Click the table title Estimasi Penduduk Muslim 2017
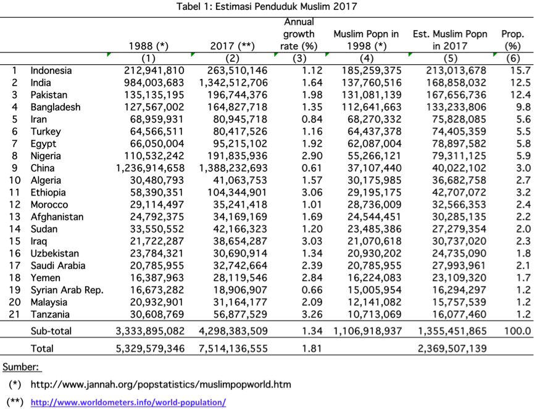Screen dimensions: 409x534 pos(267,7)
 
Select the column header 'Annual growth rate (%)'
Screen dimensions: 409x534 pos(299,34)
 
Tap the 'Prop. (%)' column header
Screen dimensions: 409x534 pos(512,39)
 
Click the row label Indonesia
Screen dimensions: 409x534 pos(51,70)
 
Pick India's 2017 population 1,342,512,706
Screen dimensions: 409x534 pos(233,83)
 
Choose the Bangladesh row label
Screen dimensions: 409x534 pos(56,107)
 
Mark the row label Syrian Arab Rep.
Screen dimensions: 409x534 pos(67,290)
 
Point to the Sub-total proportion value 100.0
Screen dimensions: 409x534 pos(517,331)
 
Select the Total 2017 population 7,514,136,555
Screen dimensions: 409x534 pos(233,349)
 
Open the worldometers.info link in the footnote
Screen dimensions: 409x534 pos(128,402)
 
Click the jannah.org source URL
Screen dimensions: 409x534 pos(160,384)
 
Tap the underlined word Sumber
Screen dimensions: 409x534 pos(21,367)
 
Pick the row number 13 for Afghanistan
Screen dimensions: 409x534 pos(15,217)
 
